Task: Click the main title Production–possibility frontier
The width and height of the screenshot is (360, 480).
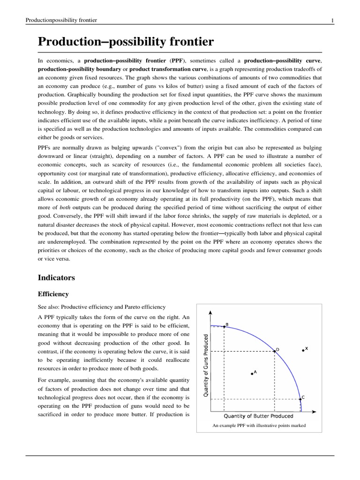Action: [126, 42]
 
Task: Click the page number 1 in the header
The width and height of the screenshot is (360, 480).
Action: [332, 20]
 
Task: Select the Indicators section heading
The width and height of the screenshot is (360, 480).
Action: [56, 277]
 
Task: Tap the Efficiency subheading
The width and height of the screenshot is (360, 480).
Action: [53, 294]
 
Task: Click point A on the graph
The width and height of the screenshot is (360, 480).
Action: [252, 374]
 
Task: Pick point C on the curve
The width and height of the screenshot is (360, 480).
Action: [300, 399]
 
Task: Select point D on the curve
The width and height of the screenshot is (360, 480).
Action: [274, 351]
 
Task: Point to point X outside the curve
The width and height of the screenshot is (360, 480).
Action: [303, 350]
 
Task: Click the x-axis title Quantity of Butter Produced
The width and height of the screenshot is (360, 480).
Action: [258, 416]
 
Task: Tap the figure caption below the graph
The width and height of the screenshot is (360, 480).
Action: [259, 426]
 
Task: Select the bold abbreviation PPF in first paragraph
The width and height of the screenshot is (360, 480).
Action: [177, 61]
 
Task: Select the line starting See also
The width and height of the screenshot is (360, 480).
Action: [101, 307]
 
